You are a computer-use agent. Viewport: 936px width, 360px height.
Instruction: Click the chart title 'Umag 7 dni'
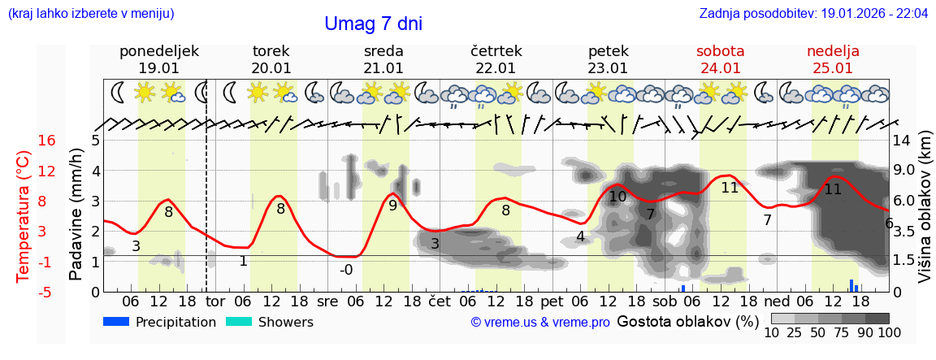(x=373, y=24)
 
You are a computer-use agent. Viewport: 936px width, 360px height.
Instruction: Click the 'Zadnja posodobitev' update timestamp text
(x=813, y=14)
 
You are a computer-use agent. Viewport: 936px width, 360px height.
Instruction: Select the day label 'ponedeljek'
(x=159, y=51)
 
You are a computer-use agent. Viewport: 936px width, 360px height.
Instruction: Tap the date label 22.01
(x=496, y=68)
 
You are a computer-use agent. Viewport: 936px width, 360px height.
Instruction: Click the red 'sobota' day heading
(x=720, y=51)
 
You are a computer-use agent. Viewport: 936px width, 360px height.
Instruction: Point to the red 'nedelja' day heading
(x=833, y=51)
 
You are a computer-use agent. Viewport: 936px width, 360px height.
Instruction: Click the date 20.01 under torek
(x=271, y=68)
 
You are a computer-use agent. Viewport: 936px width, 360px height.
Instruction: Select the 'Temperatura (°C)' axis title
(x=24, y=215)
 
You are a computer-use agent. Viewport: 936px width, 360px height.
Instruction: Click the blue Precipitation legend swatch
(x=116, y=322)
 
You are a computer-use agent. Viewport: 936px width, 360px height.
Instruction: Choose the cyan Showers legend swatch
(x=238, y=322)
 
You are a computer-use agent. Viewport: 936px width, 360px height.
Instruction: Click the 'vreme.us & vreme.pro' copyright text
(x=540, y=323)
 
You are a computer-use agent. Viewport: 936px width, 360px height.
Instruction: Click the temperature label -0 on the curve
(x=346, y=270)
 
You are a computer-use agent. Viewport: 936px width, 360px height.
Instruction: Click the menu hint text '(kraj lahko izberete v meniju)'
(x=90, y=14)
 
